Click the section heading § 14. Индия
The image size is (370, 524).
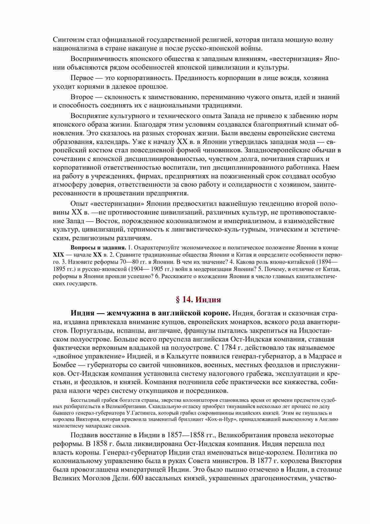point(197,300)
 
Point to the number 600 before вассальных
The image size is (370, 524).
point(139,478)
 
